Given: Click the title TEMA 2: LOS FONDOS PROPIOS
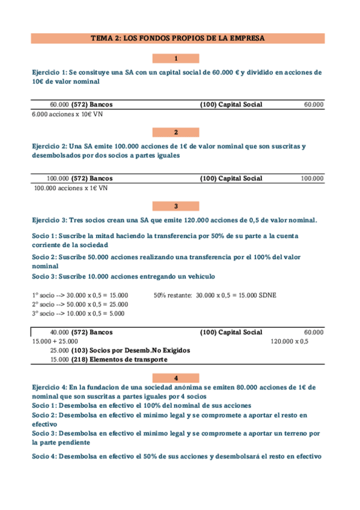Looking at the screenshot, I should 177,38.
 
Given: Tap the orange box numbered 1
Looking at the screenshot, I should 175,58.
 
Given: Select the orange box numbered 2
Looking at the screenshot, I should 175,132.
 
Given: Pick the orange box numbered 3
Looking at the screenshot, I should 175,206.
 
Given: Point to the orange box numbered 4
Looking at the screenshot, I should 175,378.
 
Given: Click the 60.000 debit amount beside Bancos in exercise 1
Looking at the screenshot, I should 59,105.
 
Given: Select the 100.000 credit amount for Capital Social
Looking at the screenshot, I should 312,179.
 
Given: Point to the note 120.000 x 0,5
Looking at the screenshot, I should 290,341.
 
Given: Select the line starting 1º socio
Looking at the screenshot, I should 80,295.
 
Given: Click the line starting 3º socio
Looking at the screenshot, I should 78,313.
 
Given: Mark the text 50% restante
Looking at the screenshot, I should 173,295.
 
